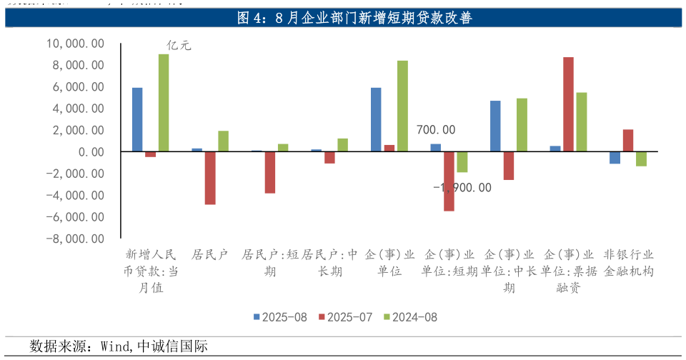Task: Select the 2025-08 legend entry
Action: [x=282, y=317]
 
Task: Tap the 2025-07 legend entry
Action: [x=346, y=317]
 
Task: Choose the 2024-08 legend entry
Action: [x=410, y=317]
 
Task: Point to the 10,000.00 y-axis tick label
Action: [x=75, y=44]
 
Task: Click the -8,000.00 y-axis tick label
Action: [x=75, y=239]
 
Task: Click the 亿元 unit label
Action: [x=179, y=46]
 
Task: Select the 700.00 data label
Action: [x=436, y=130]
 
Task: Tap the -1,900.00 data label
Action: [x=462, y=188]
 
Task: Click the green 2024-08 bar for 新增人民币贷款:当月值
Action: [x=164, y=103]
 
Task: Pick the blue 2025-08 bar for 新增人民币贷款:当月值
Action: [x=137, y=119]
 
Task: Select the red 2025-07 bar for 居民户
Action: [x=210, y=178]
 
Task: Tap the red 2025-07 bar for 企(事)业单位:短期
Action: [x=449, y=181]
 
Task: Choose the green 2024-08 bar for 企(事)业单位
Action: [x=402, y=106]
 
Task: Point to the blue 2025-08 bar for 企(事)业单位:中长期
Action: [x=495, y=126]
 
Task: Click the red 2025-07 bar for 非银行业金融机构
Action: [x=628, y=141]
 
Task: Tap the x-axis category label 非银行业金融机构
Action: [x=628, y=263]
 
